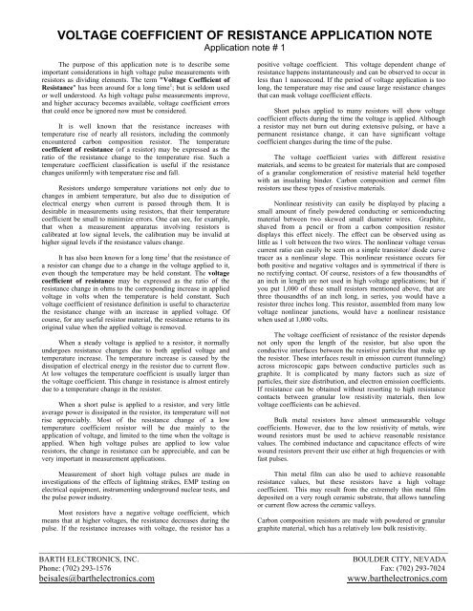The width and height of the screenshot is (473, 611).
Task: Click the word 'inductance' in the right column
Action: click(355, 445)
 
